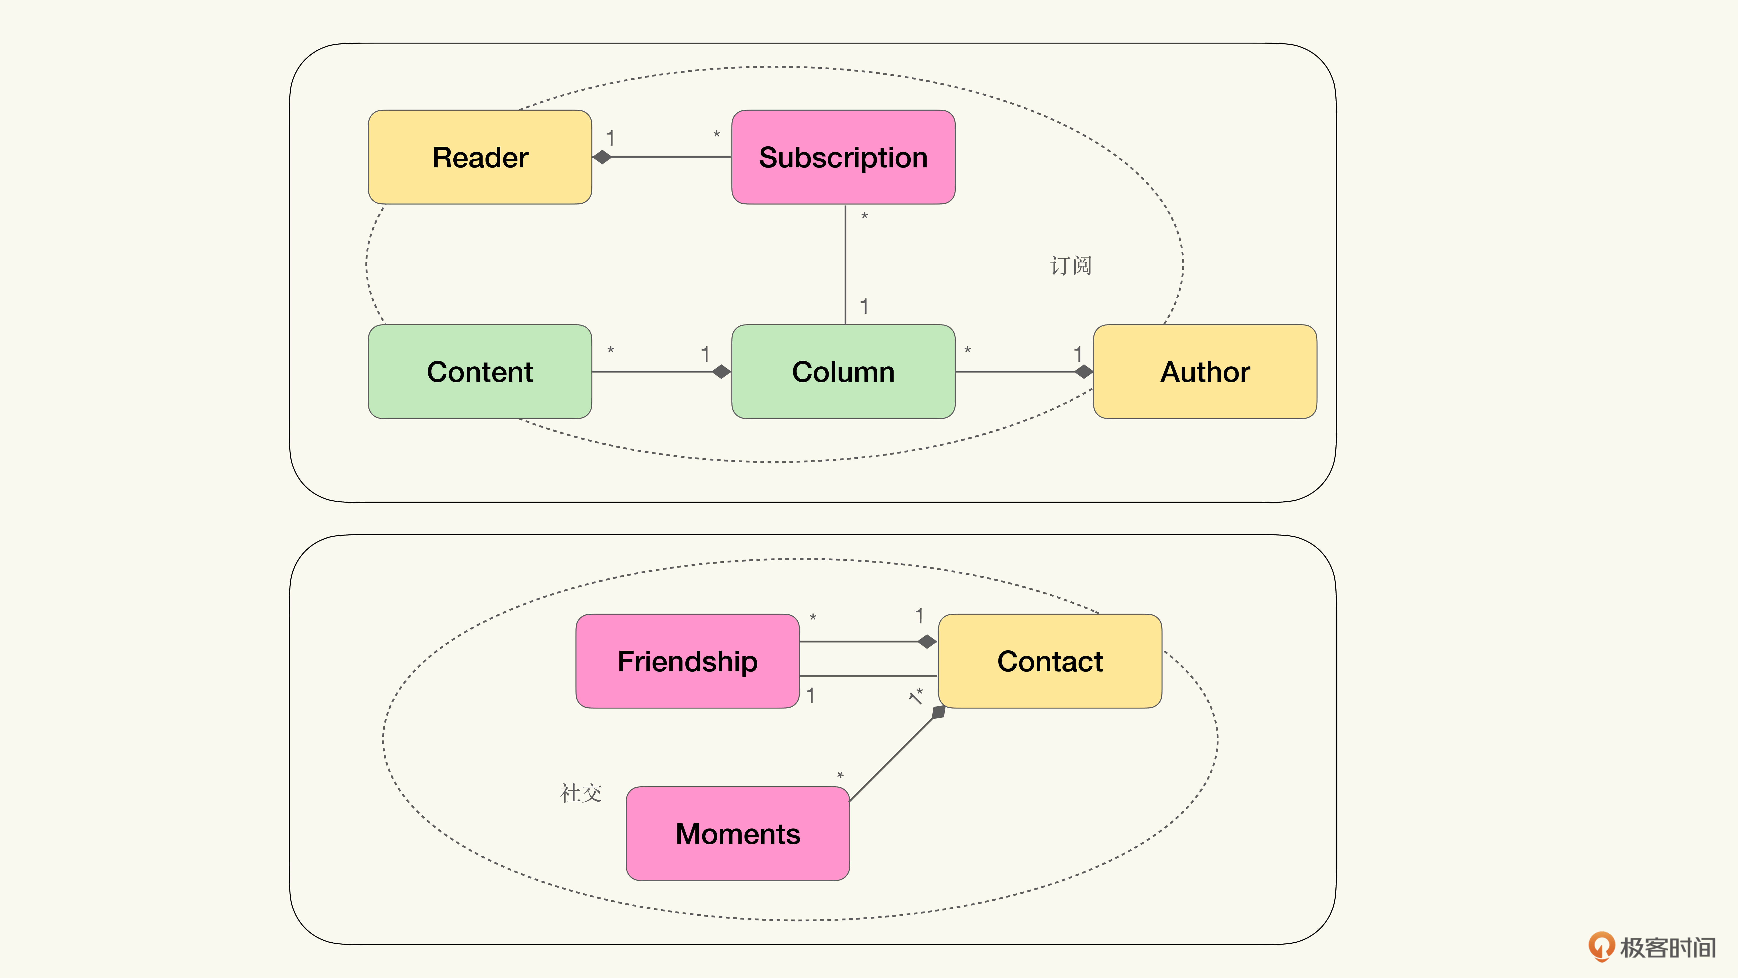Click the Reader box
point(480,157)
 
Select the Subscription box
point(843,157)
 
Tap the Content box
point(480,372)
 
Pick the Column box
point(843,372)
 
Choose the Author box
point(1205,372)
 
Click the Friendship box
point(688,661)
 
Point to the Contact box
point(1050,661)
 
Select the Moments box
point(737,833)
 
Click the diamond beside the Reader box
point(602,157)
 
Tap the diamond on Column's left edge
point(721,372)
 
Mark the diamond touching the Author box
point(1084,372)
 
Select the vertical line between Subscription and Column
point(845,264)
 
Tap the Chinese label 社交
point(580,793)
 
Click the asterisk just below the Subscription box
point(864,217)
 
